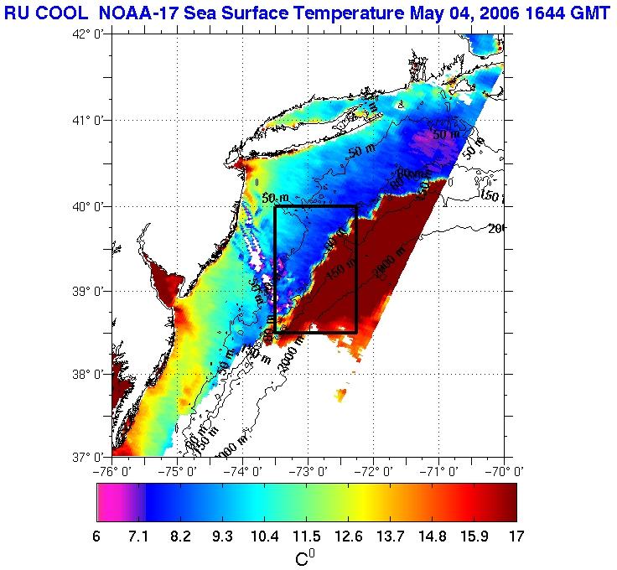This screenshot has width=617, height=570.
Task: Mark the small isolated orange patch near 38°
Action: [x=341, y=394]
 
